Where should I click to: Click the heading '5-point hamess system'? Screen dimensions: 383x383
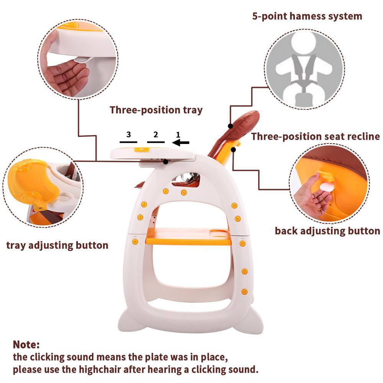pyautogui.click(x=307, y=16)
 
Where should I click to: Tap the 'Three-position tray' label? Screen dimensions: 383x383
pyautogui.click(x=156, y=110)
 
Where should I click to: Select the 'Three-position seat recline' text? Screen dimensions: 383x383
pyautogui.click(x=315, y=136)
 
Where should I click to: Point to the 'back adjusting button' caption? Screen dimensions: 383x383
pyautogui.click(x=327, y=231)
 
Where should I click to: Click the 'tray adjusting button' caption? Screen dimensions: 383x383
pyautogui.click(x=57, y=245)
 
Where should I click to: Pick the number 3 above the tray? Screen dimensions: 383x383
pyautogui.click(x=128, y=134)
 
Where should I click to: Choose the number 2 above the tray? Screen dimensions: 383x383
pyautogui.click(x=155, y=134)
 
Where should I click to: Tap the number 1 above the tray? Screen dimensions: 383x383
pyautogui.click(x=178, y=134)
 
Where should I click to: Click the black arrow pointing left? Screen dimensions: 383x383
pyautogui.click(x=181, y=143)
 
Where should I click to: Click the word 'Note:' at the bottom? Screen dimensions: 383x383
pyautogui.click(x=26, y=344)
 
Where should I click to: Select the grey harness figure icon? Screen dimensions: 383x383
pyautogui.click(x=305, y=69)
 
